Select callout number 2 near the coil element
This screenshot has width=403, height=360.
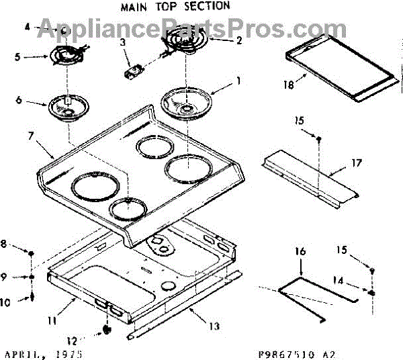(238, 40)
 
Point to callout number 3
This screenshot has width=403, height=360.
(122, 43)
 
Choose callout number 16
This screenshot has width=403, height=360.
(300, 251)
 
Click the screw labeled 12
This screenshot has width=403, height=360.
(106, 330)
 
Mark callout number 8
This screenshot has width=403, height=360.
(5, 244)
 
